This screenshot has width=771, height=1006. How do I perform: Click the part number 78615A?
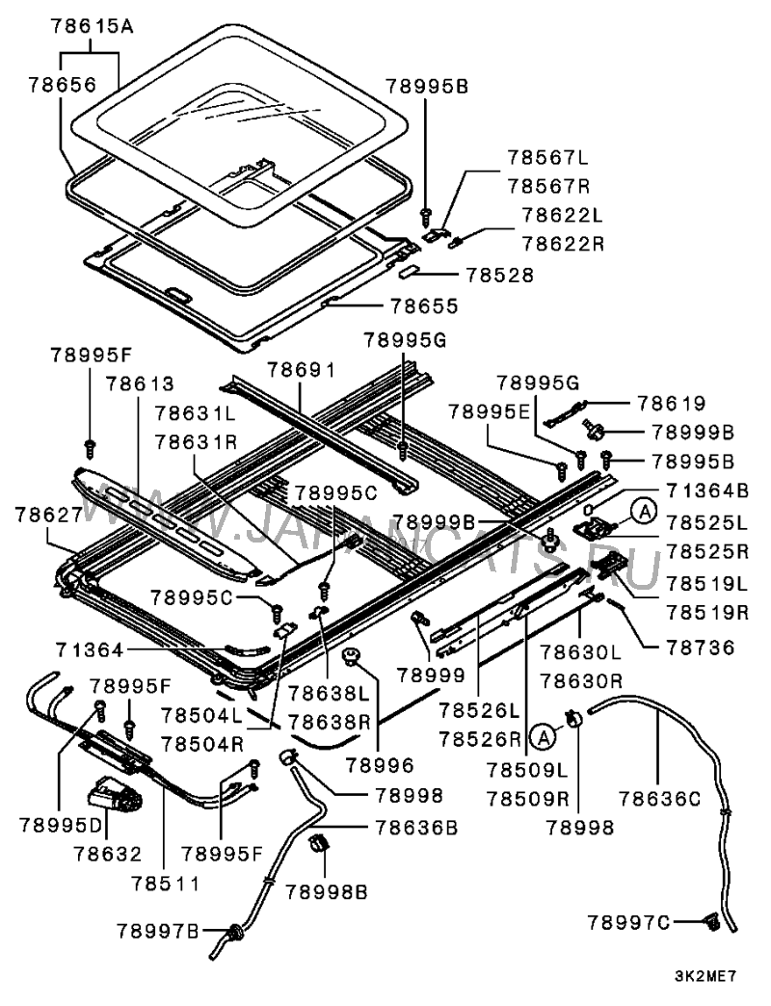point(87,26)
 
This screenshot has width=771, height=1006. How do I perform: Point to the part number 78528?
point(498,276)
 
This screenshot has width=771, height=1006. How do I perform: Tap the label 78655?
point(424,306)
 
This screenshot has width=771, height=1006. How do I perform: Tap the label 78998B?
point(328,891)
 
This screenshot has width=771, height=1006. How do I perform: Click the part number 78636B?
point(416,826)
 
